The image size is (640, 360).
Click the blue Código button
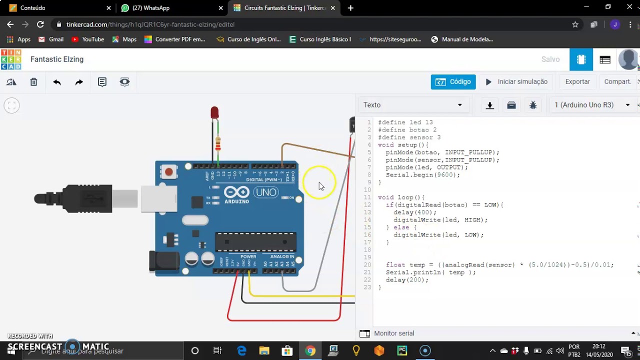point(453,82)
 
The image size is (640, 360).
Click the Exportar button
point(577,82)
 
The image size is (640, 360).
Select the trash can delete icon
point(33,82)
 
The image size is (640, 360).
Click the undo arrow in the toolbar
point(57,82)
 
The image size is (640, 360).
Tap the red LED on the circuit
point(214,112)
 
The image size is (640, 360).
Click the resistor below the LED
point(217,144)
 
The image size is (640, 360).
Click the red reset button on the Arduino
point(169,172)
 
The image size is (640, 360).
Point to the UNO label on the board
point(265,192)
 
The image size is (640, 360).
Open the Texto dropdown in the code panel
point(413,105)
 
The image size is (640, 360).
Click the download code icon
point(490,105)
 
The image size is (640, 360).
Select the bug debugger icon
point(533,105)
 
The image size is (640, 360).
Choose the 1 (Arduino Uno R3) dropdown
point(592,105)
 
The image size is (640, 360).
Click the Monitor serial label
point(394,333)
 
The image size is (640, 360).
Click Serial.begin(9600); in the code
point(422,175)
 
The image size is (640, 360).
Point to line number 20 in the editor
point(367,265)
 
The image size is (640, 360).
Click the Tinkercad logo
point(11,59)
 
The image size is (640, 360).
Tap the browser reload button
point(40,24)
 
